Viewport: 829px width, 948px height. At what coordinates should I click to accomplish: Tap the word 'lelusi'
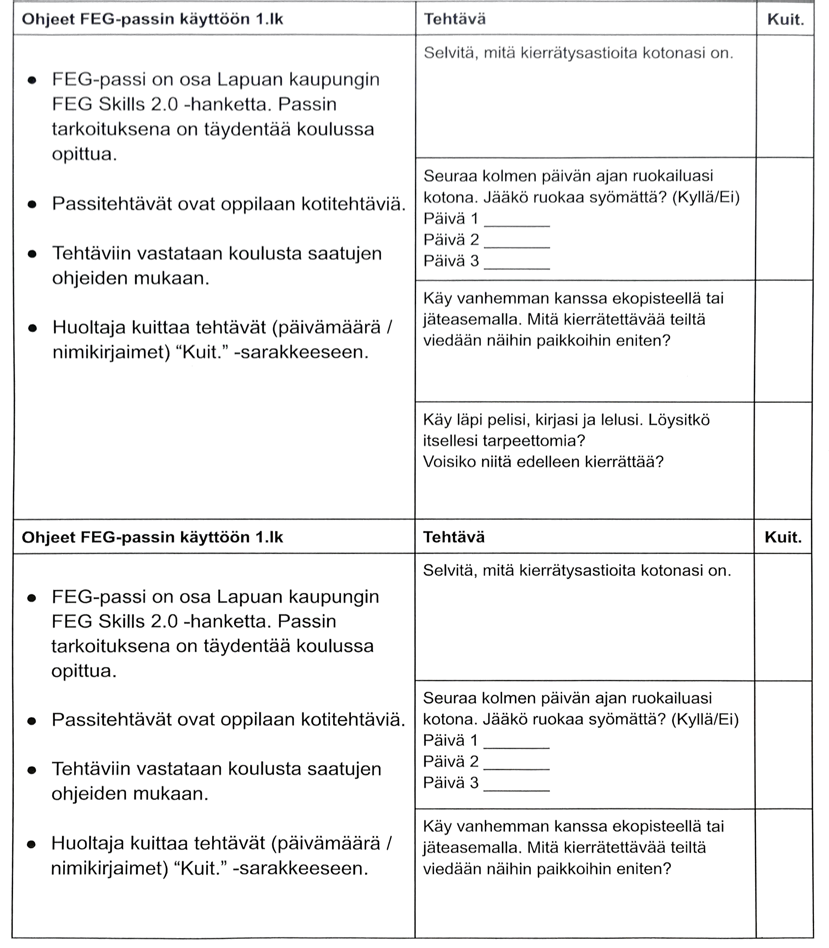pyautogui.click(x=621, y=420)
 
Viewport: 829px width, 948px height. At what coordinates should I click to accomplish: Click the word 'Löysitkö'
pyautogui.click(x=679, y=420)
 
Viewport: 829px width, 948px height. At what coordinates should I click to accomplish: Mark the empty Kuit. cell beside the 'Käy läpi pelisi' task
pyautogui.click(x=783, y=460)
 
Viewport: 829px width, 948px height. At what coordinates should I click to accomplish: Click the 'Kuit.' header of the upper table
pyautogui.click(x=786, y=19)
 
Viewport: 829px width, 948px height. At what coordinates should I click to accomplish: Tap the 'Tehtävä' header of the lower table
pyautogui.click(x=454, y=537)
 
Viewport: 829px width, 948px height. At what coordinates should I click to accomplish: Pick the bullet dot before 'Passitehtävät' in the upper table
pyautogui.click(x=32, y=204)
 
